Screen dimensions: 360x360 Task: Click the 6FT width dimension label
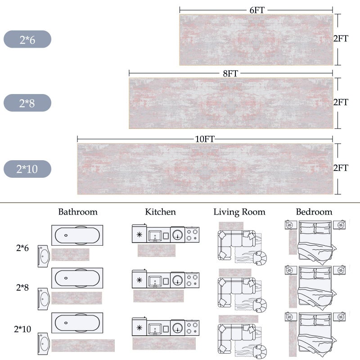pyautogui.click(x=257, y=10)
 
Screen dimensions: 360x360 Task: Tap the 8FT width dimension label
pyautogui.click(x=230, y=73)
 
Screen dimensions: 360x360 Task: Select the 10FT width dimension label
pyautogui.click(x=205, y=139)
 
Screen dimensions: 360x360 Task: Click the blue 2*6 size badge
pyautogui.click(x=27, y=39)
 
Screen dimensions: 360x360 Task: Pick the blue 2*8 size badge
pyautogui.click(x=27, y=103)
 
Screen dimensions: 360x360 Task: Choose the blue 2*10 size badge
pyautogui.click(x=27, y=169)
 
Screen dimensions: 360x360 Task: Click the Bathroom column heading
pyautogui.click(x=78, y=211)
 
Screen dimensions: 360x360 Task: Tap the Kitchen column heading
pyautogui.click(x=161, y=211)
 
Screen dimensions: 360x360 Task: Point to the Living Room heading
pyautogui.click(x=239, y=212)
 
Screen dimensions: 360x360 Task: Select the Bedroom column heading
pyautogui.click(x=314, y=211)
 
